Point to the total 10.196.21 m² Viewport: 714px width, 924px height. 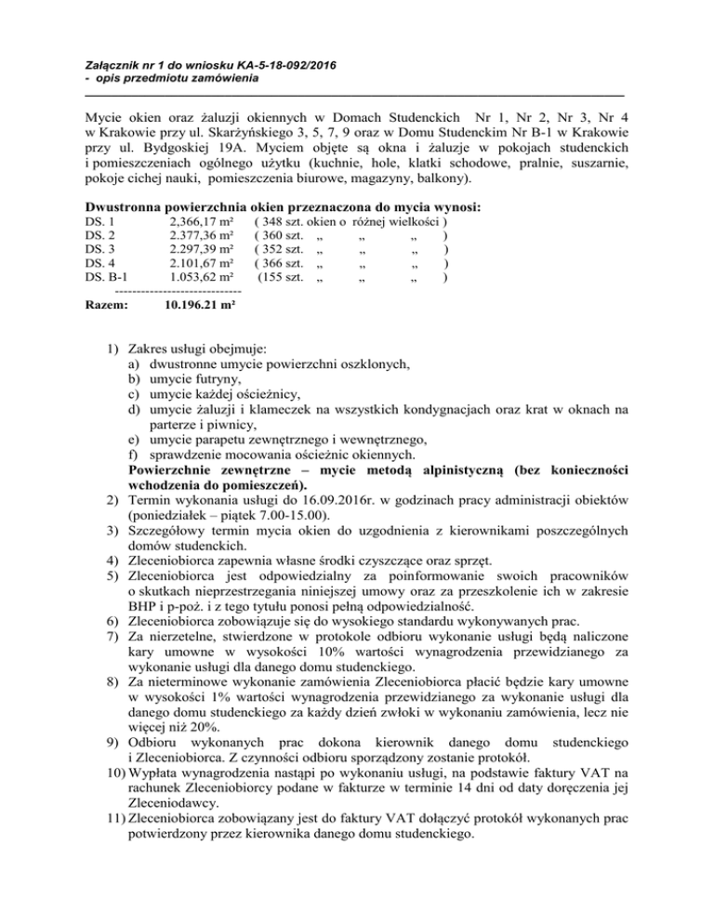click(198, 304)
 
